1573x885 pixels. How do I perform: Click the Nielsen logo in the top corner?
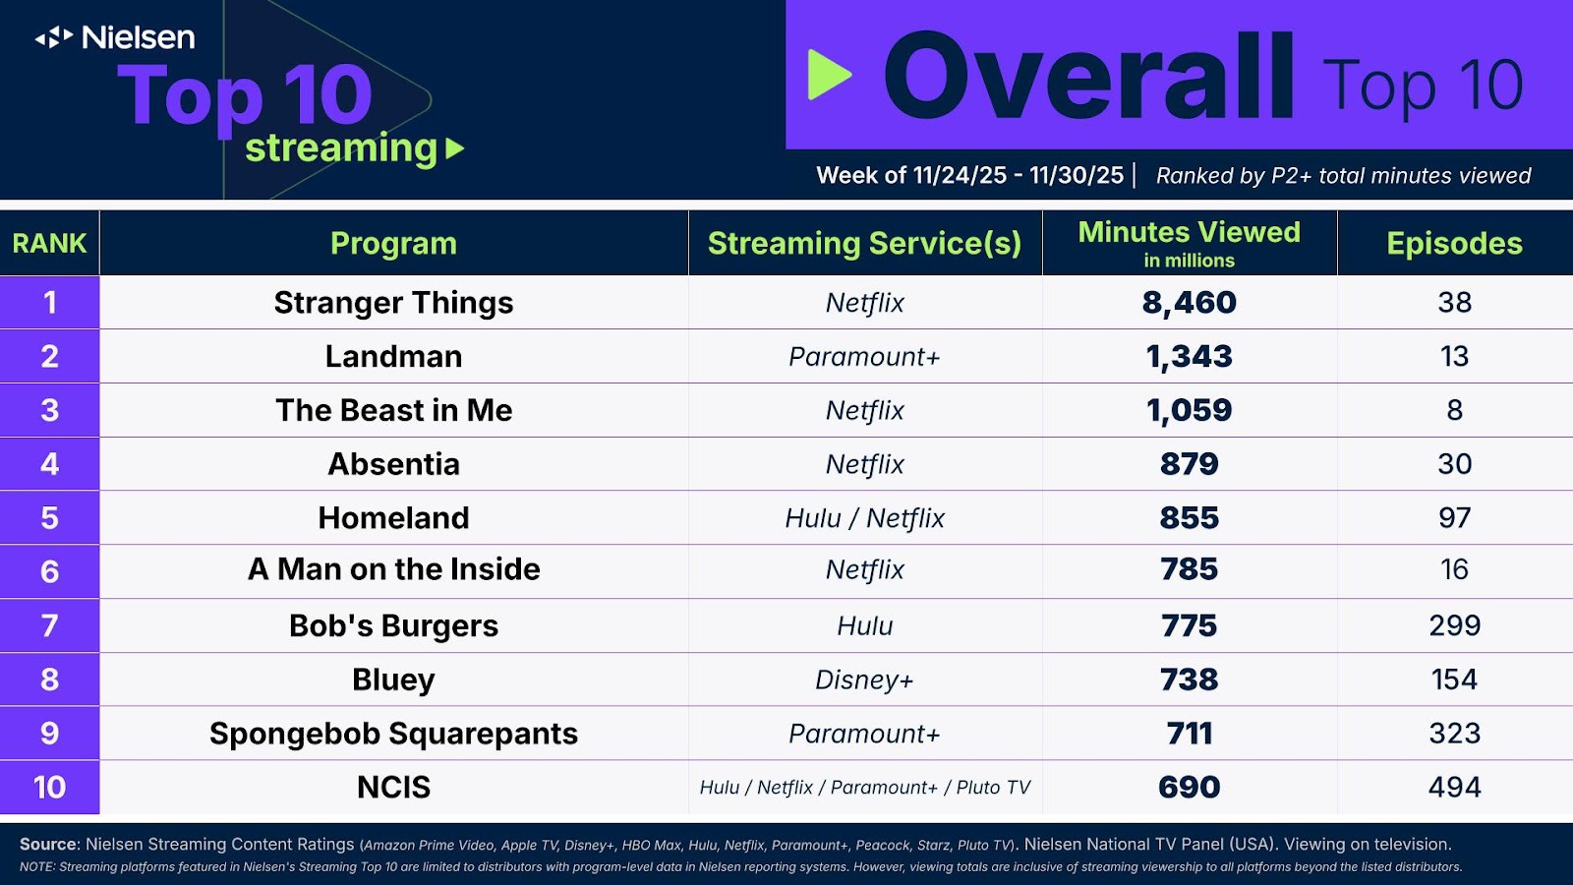coord(115,37)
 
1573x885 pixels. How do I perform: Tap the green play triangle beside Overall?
coord(828,75)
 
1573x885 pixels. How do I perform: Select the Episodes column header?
coord(1454,243)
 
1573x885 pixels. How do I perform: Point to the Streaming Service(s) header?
coord(864,243)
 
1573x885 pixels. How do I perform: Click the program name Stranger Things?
coord(393,303)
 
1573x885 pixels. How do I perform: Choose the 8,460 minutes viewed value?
coord(1189,303)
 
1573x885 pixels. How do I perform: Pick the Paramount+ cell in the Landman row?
coord(864,356)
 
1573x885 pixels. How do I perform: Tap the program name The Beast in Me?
coord(393,410)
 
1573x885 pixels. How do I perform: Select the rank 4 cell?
coord(49,464)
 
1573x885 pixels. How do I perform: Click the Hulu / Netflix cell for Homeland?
coord(864,518)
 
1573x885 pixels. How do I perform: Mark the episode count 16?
coord(1454,569)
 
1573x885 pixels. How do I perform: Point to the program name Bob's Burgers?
coord(393,625)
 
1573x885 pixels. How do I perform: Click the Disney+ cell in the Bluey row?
coord(864,679)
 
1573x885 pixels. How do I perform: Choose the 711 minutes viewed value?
coord(1189,734)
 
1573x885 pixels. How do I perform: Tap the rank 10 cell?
coord(49,787)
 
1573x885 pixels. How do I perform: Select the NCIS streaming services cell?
coord(864,788)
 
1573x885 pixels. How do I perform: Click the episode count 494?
coord(1454,787)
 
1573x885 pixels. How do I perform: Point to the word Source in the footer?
coord(48,844)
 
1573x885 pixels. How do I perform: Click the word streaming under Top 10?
coord(341,148)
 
